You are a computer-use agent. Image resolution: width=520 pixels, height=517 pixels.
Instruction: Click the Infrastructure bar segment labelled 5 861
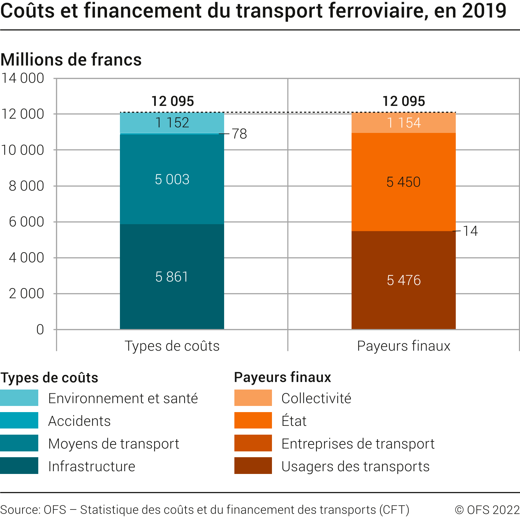tap(172, 277)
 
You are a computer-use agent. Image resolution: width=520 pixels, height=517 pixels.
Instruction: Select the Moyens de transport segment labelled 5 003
tap(172, 179)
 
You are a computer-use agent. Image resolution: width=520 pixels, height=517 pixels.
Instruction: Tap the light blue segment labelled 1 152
tap(172, 123)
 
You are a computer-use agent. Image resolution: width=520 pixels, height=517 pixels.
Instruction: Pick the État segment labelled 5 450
tap(403, 182)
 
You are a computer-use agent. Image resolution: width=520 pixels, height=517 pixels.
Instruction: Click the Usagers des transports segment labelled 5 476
tap(403, 280)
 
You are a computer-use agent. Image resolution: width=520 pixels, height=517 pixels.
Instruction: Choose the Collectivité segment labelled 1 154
tap(403, 123)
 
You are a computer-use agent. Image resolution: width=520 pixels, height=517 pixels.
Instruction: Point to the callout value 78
tap(239, 134)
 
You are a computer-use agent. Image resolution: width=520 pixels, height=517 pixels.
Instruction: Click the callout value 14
tap(470, 231)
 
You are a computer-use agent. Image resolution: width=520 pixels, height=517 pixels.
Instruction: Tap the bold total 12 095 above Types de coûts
tap(173, 101)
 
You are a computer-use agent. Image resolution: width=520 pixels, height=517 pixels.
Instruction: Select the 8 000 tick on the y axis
tap(26, 186)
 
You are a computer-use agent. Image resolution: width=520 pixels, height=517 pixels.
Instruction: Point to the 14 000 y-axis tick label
tap(23, 78)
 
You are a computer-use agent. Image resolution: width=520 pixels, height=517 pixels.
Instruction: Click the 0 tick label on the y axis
tap(40, 329)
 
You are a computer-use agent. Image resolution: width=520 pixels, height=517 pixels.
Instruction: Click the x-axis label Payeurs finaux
tap(403, 346)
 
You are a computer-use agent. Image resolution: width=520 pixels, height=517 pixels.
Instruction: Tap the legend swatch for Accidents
tap(19, 420)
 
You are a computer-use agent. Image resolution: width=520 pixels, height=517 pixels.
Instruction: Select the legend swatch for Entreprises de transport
tap(253, 443)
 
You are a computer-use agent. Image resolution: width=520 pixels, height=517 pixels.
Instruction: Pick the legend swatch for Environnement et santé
tap(19, 398)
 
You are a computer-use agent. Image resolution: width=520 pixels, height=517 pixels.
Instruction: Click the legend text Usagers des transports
tap(355, 466)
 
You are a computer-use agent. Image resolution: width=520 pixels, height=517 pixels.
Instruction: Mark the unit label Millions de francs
tap(71, 59)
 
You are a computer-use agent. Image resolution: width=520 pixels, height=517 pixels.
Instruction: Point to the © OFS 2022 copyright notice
tap(487, 510)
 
